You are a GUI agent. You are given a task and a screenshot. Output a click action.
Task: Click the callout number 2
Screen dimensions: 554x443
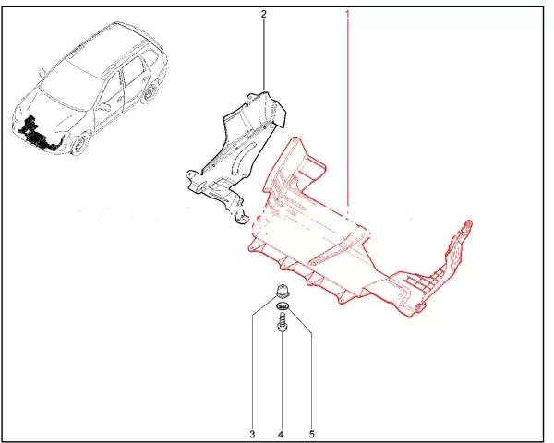263,14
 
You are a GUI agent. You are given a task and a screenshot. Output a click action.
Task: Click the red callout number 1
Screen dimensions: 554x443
347,14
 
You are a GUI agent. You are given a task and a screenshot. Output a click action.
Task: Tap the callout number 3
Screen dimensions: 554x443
252,434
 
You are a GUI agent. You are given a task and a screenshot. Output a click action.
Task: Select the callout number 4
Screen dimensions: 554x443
281,434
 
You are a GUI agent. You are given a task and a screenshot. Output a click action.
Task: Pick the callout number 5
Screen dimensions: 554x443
312,434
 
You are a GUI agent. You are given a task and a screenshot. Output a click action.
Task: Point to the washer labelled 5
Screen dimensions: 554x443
283,305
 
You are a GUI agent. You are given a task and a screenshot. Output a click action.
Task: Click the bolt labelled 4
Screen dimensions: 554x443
282,323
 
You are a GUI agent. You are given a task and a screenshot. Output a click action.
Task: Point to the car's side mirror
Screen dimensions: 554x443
42,72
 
